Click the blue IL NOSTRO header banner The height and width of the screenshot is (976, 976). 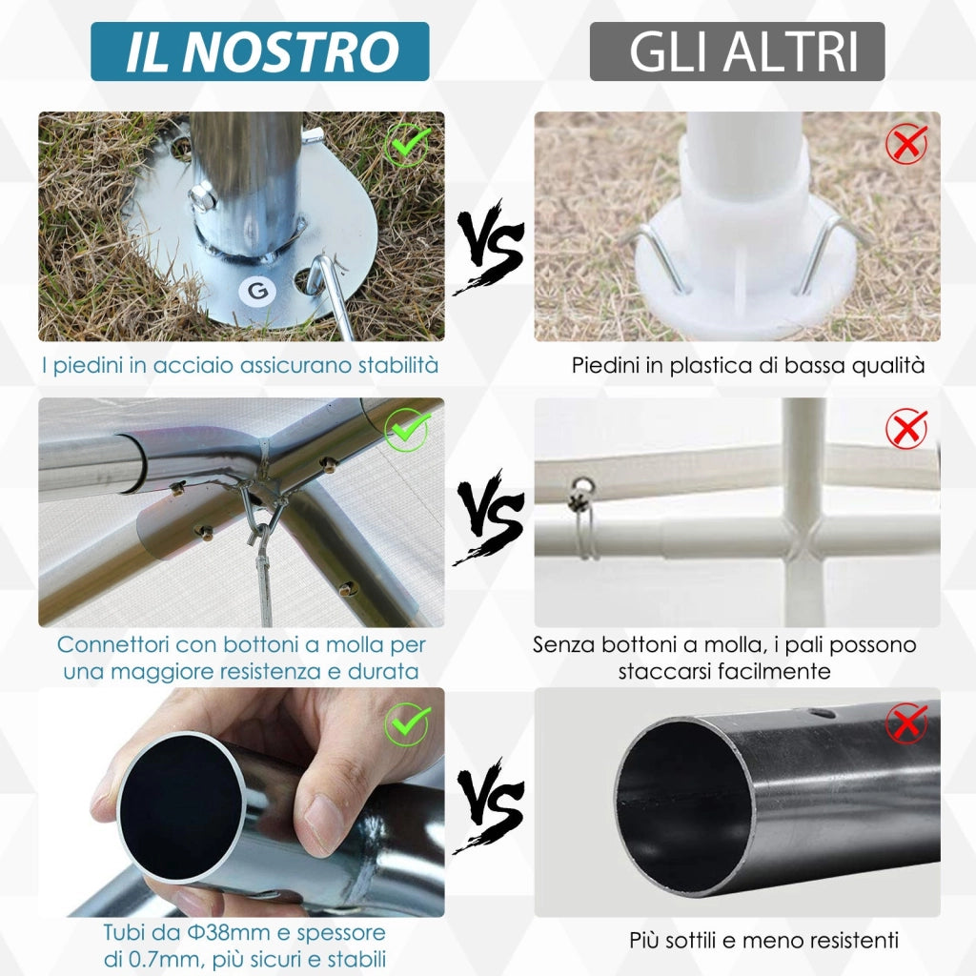[x=259, y=51]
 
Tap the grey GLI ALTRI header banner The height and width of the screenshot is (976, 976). [x=737, y=51]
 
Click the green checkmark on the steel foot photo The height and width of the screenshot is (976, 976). [x=408, y=145]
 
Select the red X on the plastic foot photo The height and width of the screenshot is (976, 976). [x=905, y=145]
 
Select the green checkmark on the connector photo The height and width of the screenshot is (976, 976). [x=407, y=431]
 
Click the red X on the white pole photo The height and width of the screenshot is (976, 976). [x=905, y=429]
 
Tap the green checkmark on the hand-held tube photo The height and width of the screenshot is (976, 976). [x=407, y=723]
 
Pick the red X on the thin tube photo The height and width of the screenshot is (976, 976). [x=905, y=723]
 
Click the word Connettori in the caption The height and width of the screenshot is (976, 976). [x=115, y=645]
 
